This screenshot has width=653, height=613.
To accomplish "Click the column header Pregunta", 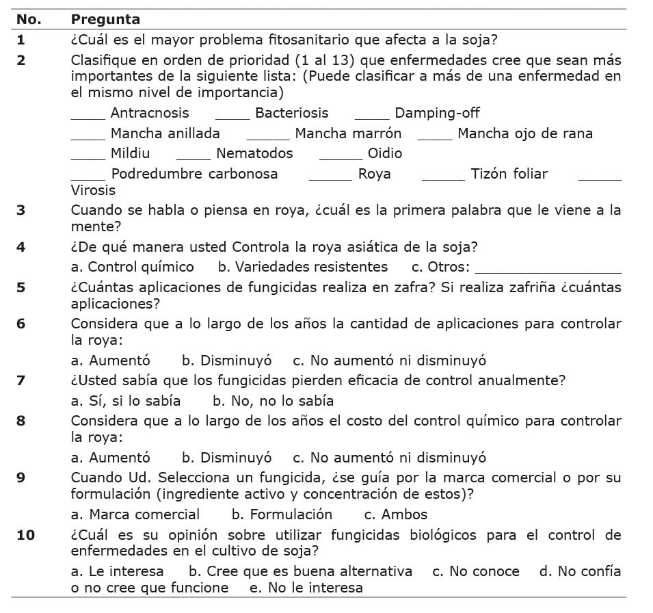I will tap(105, 20).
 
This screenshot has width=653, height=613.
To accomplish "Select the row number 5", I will tap(21, 287).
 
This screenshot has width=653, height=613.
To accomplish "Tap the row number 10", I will tap(25, 534).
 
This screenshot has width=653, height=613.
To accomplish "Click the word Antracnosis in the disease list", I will tap(150, 113).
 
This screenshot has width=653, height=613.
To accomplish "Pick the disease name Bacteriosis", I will tap(291, 113).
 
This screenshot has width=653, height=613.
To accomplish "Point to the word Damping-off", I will tap(437, 113).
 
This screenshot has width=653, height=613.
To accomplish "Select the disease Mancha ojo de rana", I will tap(525, 133).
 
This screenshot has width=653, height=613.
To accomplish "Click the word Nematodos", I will tap(254, 153).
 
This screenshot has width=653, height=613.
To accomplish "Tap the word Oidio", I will tap(385, 153).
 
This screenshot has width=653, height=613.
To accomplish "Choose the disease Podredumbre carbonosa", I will tap(194, 174).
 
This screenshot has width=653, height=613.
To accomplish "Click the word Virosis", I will tap(93, 190).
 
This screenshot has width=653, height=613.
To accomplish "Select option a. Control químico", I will tap(133, 267).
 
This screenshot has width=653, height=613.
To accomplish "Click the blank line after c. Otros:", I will tap(548, 268).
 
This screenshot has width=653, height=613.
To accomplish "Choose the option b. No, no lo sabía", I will tap(273, 401).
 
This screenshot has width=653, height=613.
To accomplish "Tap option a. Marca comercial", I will tap(135, 514).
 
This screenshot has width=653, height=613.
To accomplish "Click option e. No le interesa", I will tap(306, 588).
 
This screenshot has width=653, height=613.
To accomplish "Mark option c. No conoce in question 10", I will tap(475, 571).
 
